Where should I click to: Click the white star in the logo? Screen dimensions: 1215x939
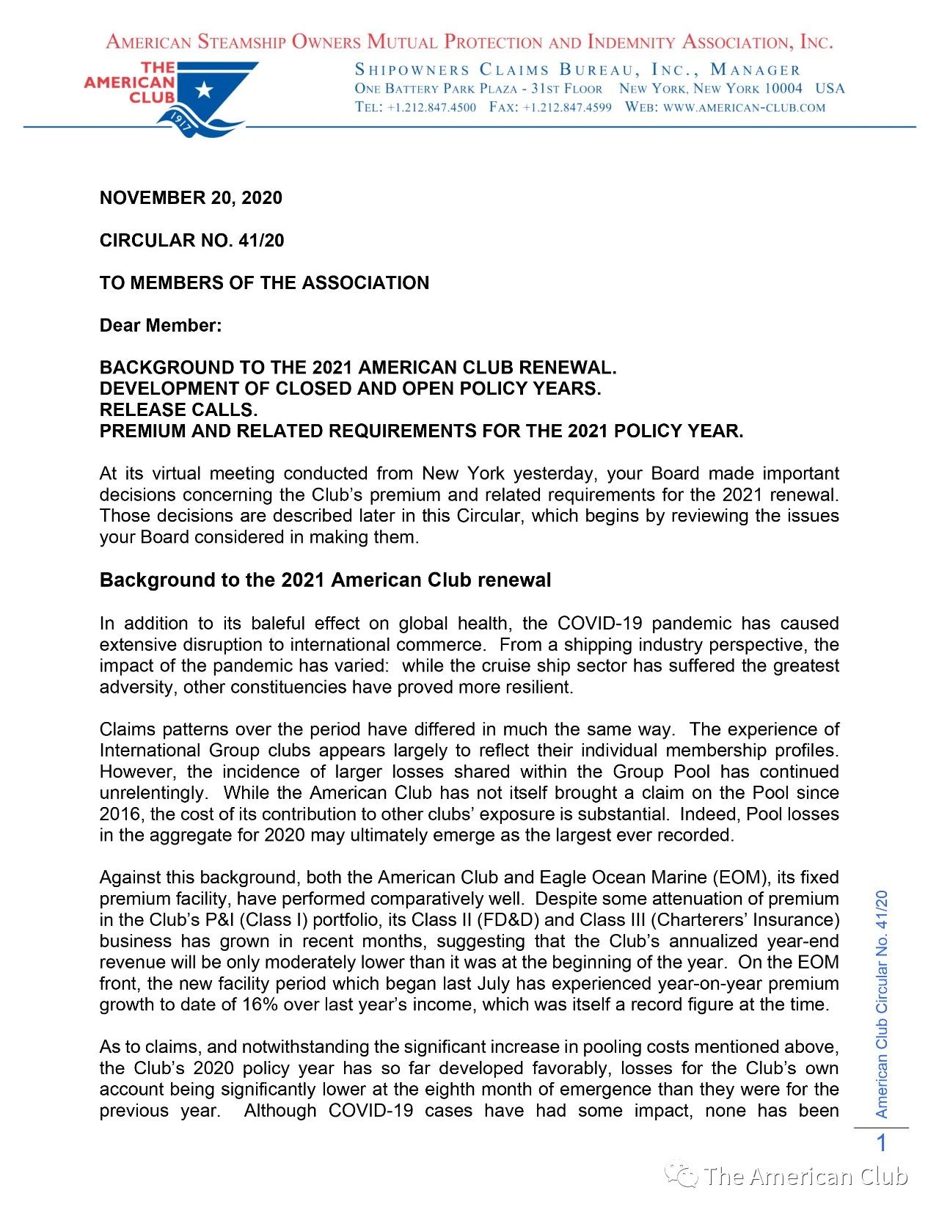[x=205, y=90]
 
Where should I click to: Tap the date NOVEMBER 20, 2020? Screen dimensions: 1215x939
[x=191, y=198]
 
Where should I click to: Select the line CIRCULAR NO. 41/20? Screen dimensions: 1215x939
[x=191, y=241]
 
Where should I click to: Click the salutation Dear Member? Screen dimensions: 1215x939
[x=161, y=326]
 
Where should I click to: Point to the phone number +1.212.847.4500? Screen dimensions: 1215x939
[x=431, y=107]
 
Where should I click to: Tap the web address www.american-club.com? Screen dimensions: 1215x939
[x=744, y=107]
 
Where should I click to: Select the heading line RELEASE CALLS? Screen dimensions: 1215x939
[x=178, y=410]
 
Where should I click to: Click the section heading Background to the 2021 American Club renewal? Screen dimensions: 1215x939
[x=325, y=580]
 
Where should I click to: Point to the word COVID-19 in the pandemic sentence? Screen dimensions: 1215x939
[x=599, y=624]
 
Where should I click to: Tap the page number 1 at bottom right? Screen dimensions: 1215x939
[x=882, y=1143]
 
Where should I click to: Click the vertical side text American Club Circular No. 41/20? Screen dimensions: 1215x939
[x=882, y=1004]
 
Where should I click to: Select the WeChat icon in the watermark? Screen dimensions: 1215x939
[x=681, y=1176]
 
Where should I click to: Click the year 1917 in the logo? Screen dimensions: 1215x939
[x=181, y=121]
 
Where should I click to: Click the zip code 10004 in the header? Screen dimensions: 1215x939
[x=783, y=89]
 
